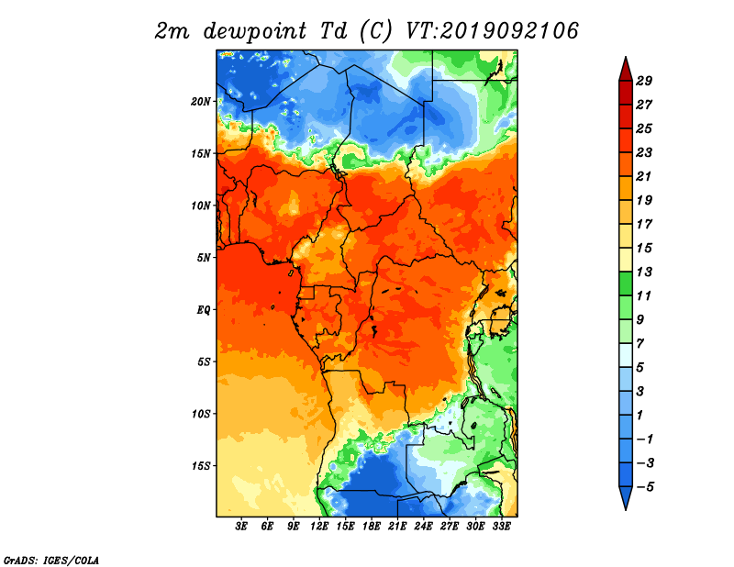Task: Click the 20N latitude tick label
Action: click(x=200, y=102)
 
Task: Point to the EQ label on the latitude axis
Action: click(x=203, y=310)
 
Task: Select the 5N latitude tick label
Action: click(x=203, y=258)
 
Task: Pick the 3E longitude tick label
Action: click(x=241, y=526)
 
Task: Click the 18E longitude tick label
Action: click(x=372, y=526)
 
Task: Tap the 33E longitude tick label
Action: click(x=501, y=526)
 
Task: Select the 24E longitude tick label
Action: click(x=423, y=526)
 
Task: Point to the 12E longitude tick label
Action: click(x=319, y=526)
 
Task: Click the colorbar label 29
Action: click(x=644, y=81)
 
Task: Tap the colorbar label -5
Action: click(x=646, y=487)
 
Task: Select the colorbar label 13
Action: click(x=644, y=272)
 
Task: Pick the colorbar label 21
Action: click(x=644, y=176)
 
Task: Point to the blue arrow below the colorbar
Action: click(x=626, y=496)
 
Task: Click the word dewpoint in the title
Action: click(x=255, y=31)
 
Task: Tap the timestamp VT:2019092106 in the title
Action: click(x=492, y=31)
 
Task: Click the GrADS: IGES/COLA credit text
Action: click(x=51, y=560)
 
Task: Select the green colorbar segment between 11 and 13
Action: click(x=626, y=283)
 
